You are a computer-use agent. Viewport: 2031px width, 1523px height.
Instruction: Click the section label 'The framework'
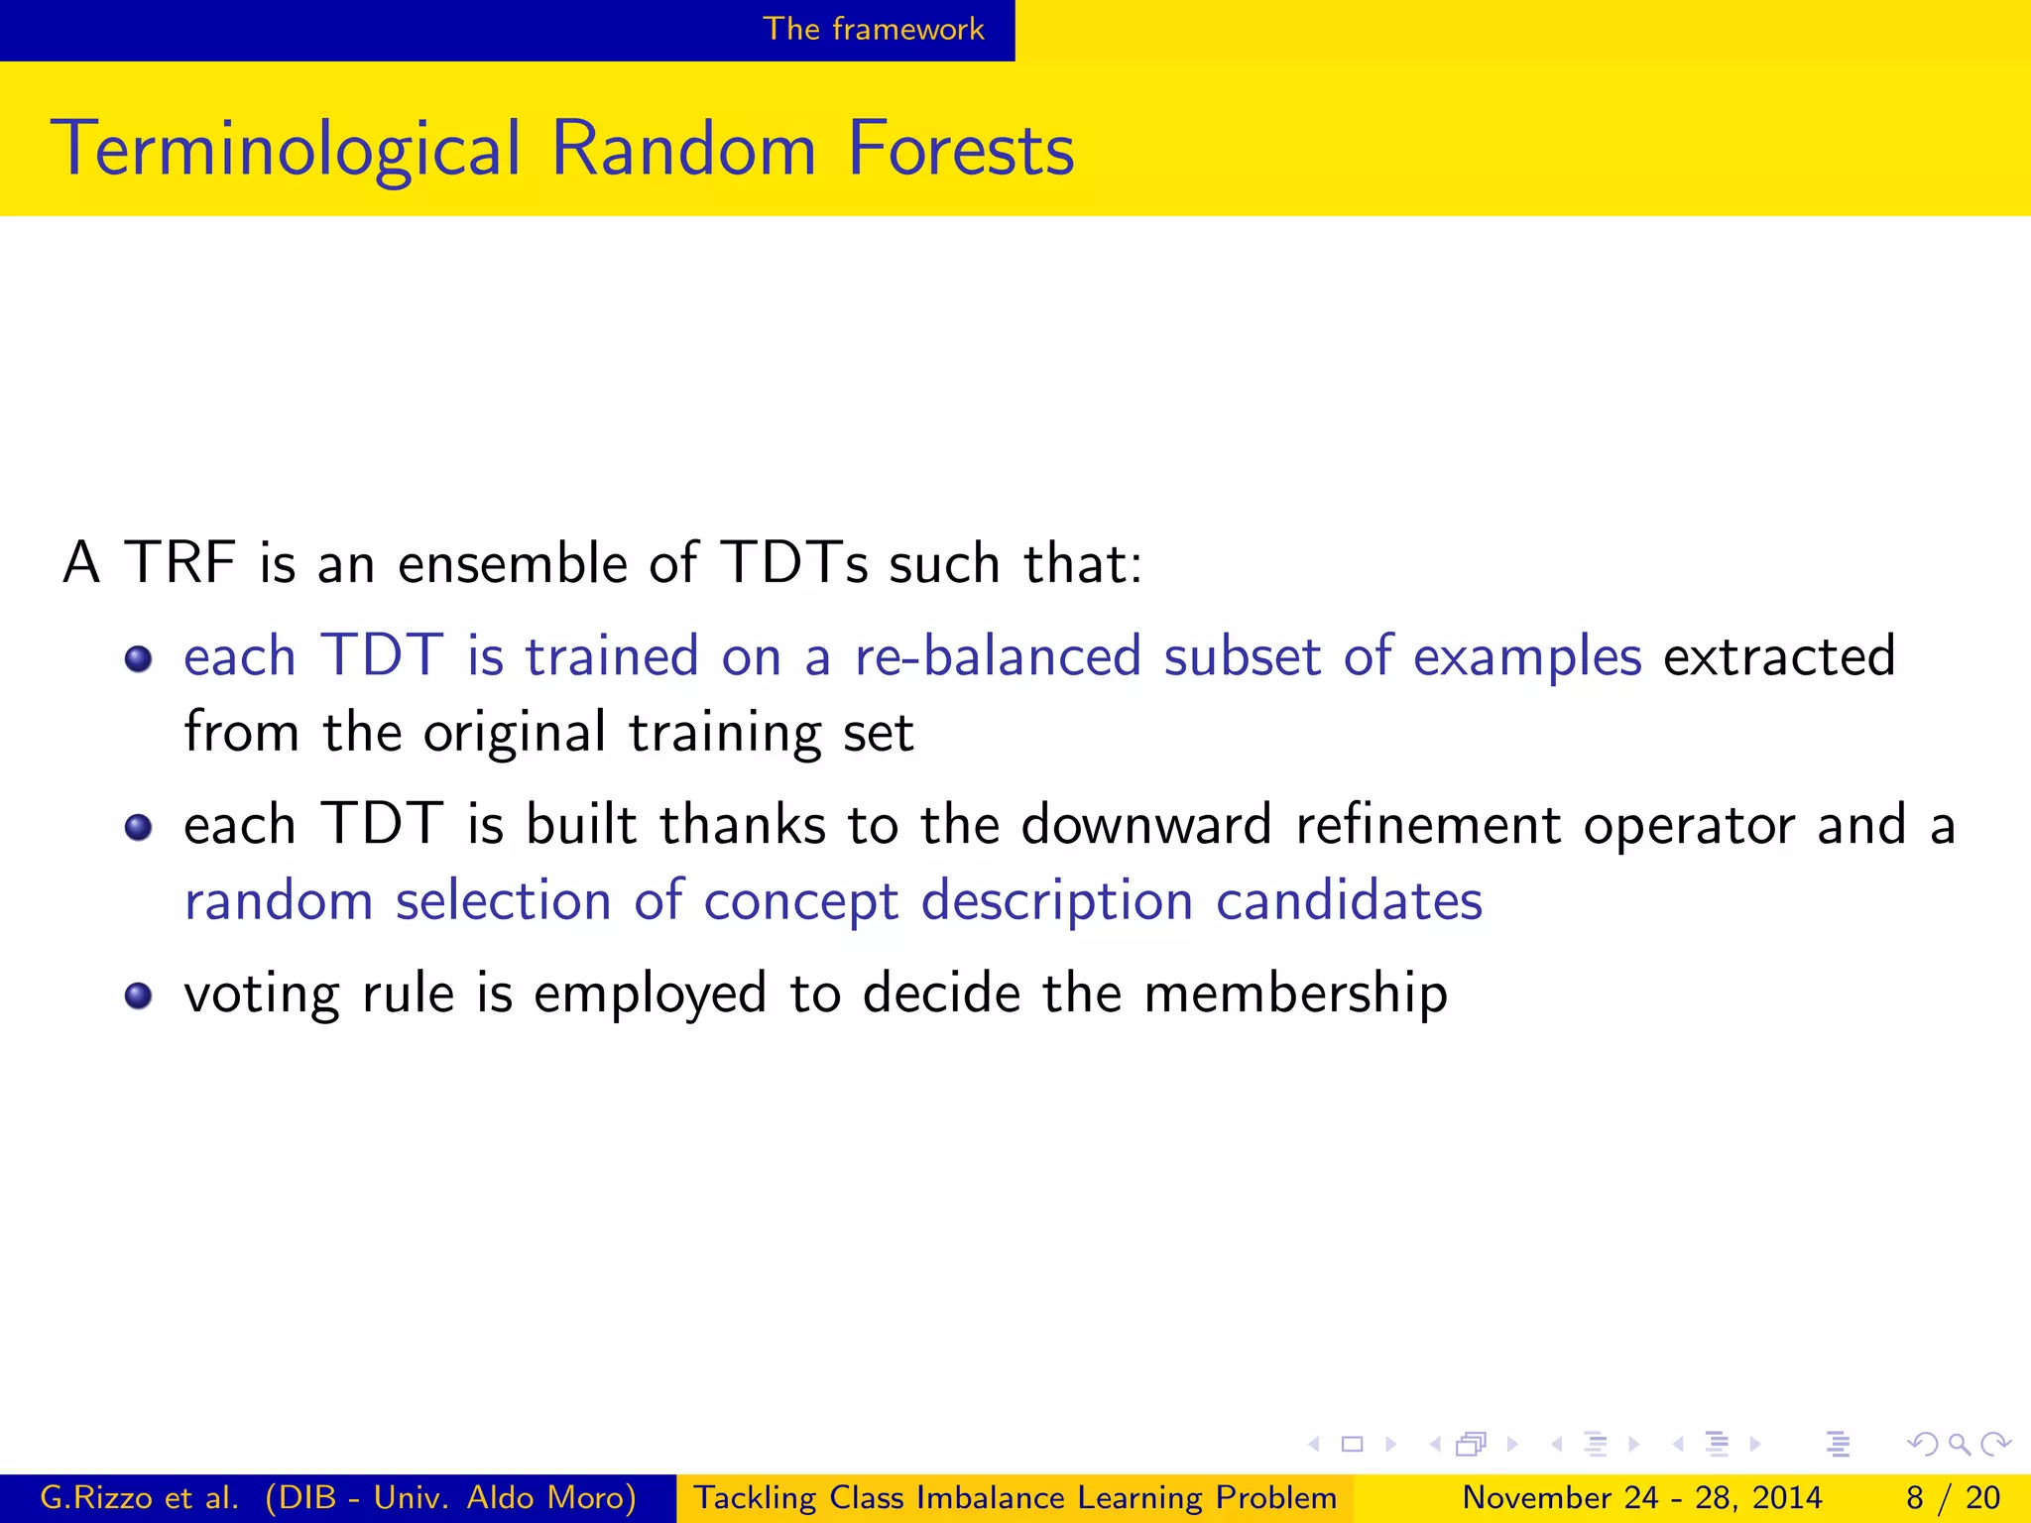[x=873, y=29]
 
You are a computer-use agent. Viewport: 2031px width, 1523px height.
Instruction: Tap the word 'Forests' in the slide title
[x=960, y=150]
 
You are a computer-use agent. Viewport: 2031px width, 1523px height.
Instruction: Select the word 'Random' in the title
[x=682, y=150]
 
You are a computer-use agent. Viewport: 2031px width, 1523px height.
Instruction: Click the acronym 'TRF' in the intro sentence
[x=179, y=562]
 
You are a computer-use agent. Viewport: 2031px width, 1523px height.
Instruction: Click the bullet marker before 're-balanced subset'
[x=138, y=658]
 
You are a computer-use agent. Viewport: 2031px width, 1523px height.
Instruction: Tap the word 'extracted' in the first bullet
[x=1779, y=656]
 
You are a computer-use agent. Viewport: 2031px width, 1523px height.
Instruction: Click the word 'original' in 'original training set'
[x=514, y=734]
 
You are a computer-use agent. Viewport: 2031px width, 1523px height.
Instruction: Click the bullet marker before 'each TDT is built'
[x=138, y=827]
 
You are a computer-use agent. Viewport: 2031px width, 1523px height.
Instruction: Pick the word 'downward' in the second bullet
[x=1146, y=825]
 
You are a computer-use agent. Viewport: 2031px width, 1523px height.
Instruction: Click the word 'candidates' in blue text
[x=1349, y=901]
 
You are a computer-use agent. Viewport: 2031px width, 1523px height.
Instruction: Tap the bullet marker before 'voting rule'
[x=138, y=996]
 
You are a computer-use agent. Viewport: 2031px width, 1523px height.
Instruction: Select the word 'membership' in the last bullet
[x=1295, y=994]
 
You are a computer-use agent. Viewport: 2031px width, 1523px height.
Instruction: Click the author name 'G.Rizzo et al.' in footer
[x=139, y=1497]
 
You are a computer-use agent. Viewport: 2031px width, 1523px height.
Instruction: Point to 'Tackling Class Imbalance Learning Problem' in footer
[x=1014, y=1497]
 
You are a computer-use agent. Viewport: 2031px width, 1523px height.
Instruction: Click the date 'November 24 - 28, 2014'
[x=1642, y=1497]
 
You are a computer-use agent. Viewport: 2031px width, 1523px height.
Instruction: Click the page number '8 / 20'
[x=1952, y=1497]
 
